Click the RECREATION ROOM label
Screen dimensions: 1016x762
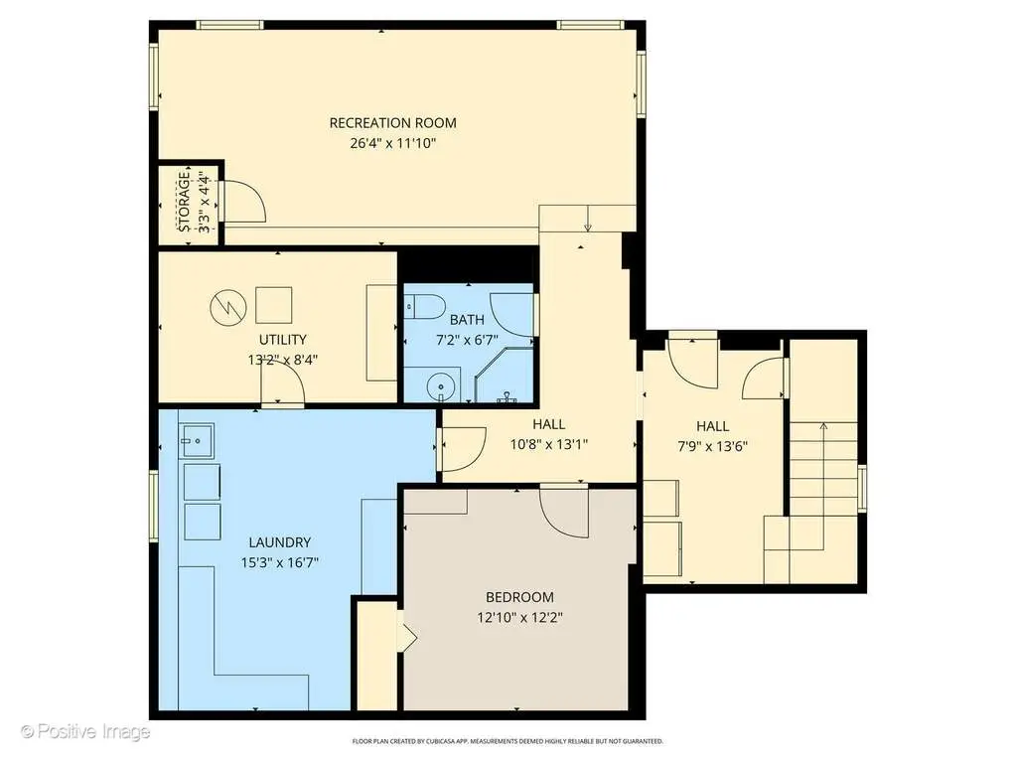pyautogui.click(x=392, y=123)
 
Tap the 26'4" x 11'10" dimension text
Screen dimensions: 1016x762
pyautogui.click(x=392, y=143)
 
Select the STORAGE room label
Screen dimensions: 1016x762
pyautogui.click(x=184, y=202)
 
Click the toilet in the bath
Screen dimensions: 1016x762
pyautogui.click(x=425, y=306)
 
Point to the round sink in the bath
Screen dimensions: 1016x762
pyautogui.click(x=440, y=388)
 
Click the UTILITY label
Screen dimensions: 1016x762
pyautogui.click(x=282, y=340)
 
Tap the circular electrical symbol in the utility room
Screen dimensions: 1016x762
pyautogui.click(x=228, y=307)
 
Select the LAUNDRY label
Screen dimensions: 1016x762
pyautogui.click(x=280, y=542)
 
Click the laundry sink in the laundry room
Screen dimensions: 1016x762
pyautogui.click(x=196, y=441)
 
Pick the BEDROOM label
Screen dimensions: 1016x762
pyautogui.click(x=519, y=597)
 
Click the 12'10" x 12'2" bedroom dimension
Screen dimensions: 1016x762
pyautogui.click(x=519, y=618)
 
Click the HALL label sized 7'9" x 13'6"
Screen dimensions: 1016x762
pyautogui.click(x=713, y=426)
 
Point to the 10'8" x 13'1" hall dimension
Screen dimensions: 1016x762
pyautogui.click(x=549, y=444)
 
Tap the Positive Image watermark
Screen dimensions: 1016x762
pyautogui.click(x=85, y=732)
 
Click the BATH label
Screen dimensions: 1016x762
pyautogui.click(x=467, y=320)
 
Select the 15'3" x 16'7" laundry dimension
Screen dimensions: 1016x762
pyautogui.click(x=280, y=562)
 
